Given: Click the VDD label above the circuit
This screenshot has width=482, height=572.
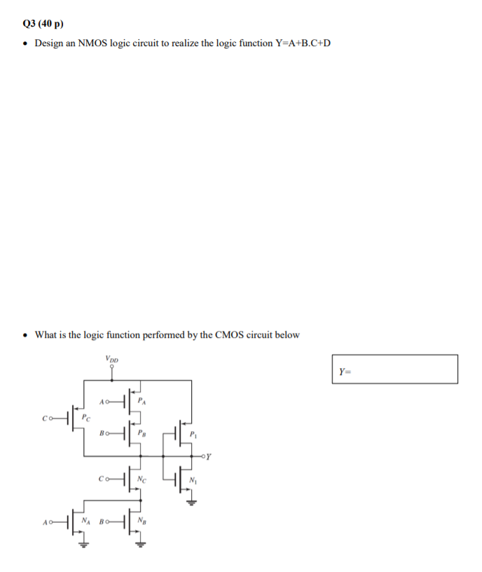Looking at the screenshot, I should pos(112,358).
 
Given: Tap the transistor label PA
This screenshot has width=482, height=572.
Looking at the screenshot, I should pos(142,402).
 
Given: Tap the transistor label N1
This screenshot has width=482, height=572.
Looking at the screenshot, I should pos(194,481).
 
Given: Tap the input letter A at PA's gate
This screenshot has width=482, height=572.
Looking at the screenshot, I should pos(103,402).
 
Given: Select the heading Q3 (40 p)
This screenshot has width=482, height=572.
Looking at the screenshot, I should pos(43,23).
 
